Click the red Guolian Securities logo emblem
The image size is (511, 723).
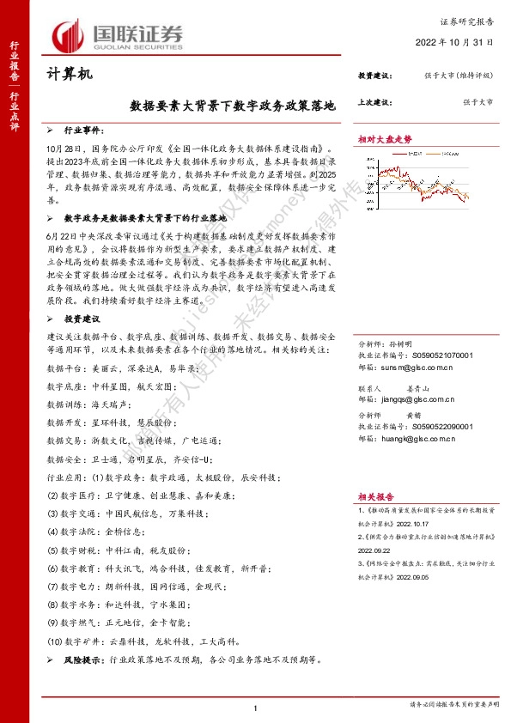point(70,34)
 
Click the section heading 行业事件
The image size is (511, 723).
point(84,131)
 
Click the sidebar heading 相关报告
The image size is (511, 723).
point(375,495)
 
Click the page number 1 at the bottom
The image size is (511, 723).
point(256,707)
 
